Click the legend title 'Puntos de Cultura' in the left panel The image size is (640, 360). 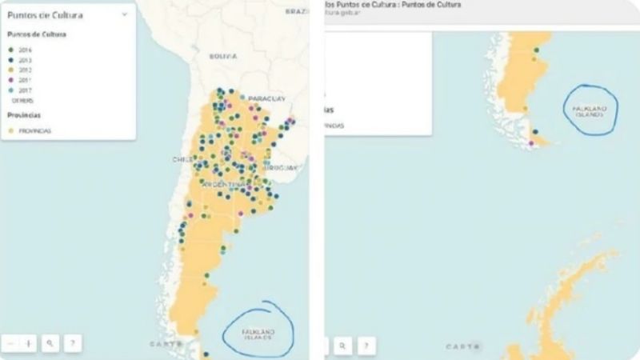tap(46, 14)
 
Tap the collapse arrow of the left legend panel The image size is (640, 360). tap(125, 14)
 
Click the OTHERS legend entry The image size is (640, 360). tap(22, 102)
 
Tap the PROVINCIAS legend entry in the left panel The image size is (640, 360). tap(30, 131)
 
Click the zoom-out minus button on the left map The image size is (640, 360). tap(10, 343)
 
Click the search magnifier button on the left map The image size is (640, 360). tap(50, 343)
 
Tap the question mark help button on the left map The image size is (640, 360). tap(71, 343)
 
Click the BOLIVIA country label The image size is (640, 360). tap(223, 57)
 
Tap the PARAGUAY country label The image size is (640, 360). tap(266, 98)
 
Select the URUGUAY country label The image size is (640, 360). tap(281, 167)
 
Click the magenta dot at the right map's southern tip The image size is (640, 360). tap(532, 144)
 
